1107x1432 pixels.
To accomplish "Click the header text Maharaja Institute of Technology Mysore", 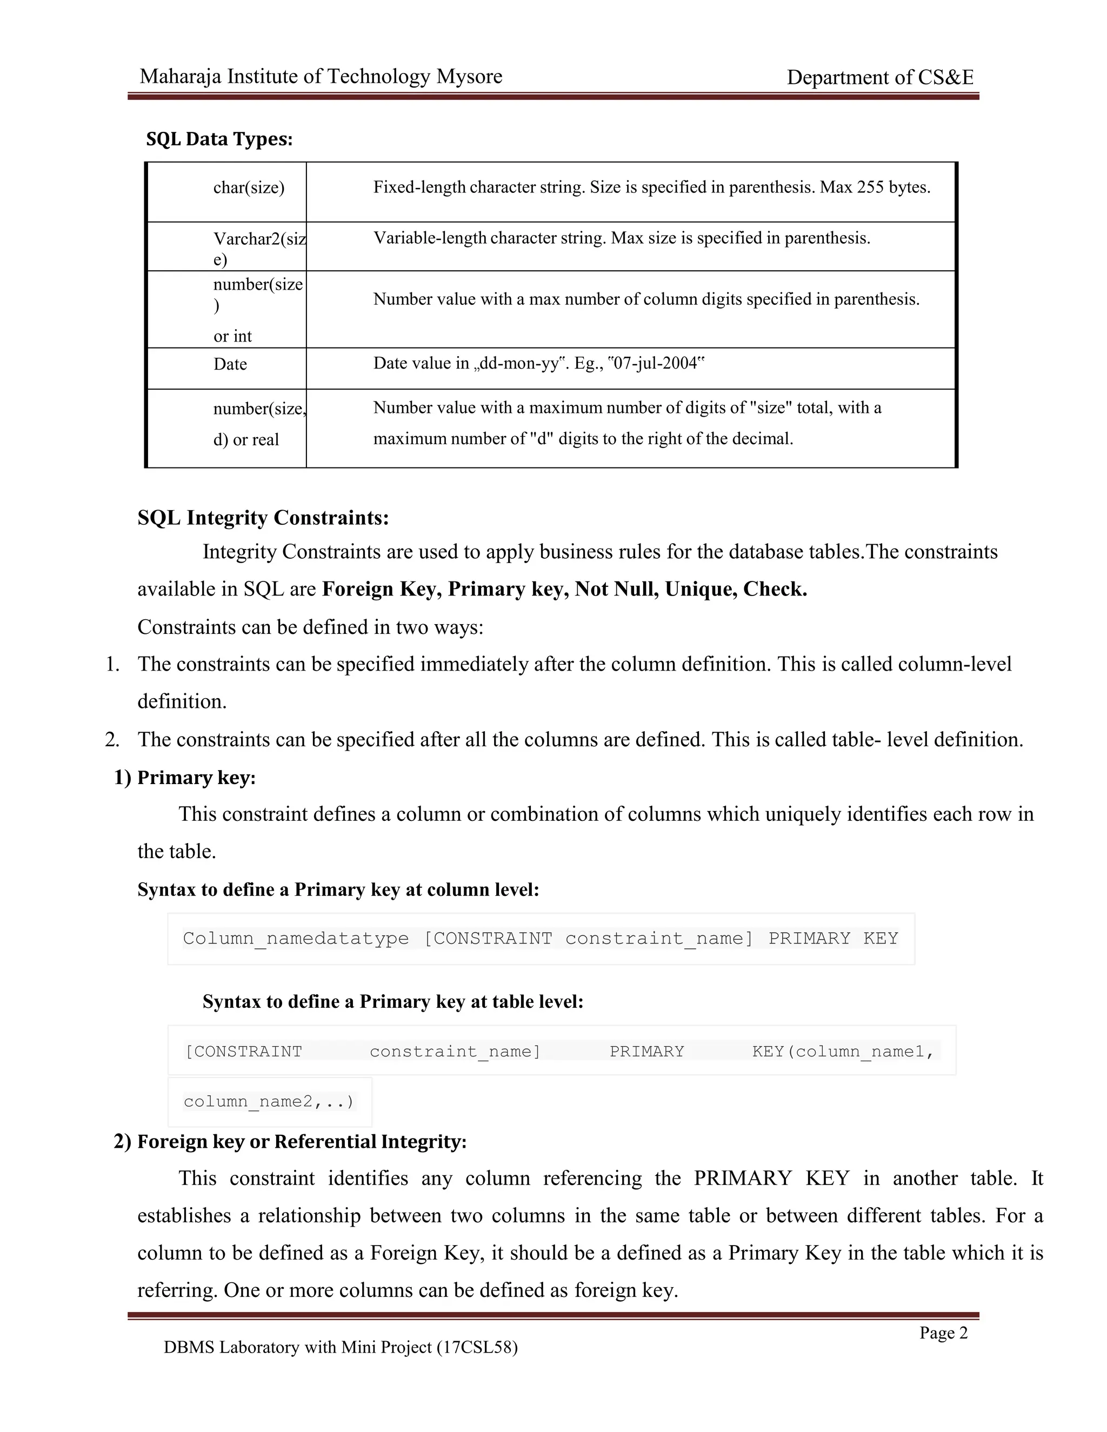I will coord(321,77).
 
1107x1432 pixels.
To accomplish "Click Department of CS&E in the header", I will coord(879,78).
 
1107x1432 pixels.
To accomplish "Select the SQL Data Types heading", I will coord(219,139).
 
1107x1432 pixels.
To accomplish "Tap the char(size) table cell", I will coord(249,188).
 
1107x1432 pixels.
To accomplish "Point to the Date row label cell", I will coord(230,365).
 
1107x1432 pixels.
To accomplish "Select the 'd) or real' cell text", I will coord(246,440).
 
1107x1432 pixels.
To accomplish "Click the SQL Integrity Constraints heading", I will coord(263,518).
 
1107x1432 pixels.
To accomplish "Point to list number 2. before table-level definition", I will coord(112,740).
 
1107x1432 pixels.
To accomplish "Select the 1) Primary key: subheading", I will coord(185,778).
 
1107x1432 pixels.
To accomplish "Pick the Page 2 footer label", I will coord(943,1333).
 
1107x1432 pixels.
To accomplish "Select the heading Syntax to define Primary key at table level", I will coord(392,1002).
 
